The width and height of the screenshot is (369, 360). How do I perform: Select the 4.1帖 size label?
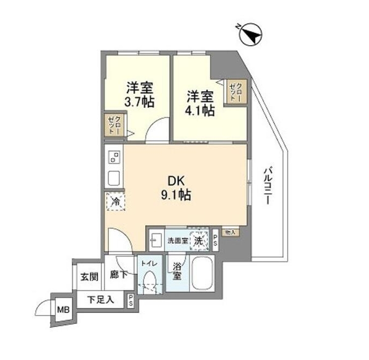[200, 111]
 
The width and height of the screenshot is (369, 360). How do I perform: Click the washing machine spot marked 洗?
[199, 241]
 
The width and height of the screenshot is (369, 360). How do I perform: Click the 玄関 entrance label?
[89, 277]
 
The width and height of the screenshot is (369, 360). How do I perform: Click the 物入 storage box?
[229, 232]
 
